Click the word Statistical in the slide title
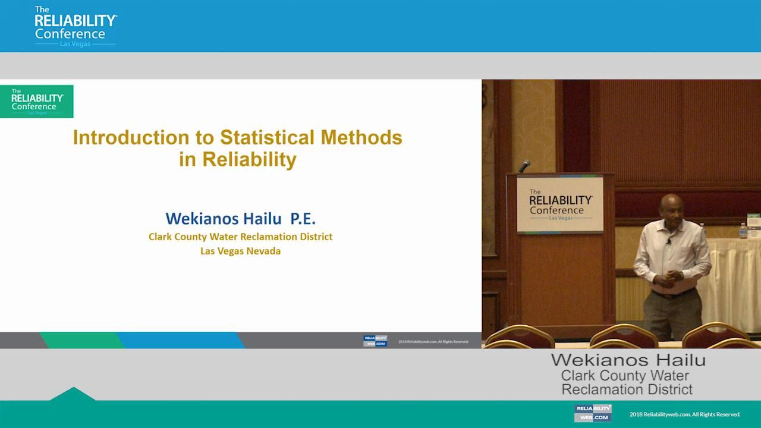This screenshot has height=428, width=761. tap(268, 138)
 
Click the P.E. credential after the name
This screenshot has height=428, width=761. tap(303, 218)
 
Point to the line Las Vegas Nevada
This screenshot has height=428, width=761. tap(240, 251)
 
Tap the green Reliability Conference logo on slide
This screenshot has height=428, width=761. tap(36, 102)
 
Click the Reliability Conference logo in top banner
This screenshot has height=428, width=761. tap(75, 27)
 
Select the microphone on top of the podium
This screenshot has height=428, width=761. tap(524, 166)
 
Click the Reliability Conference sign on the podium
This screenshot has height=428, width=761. tap(559, 205)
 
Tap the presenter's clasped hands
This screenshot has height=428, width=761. tap(672, 276)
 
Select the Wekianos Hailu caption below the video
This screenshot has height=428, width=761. tap(628, 360)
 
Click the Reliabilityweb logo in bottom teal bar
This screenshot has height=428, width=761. tap(593, 413)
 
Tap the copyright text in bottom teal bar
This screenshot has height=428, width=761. tap(685, 414)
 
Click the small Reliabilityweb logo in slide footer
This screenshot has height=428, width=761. tap(375, 341)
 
